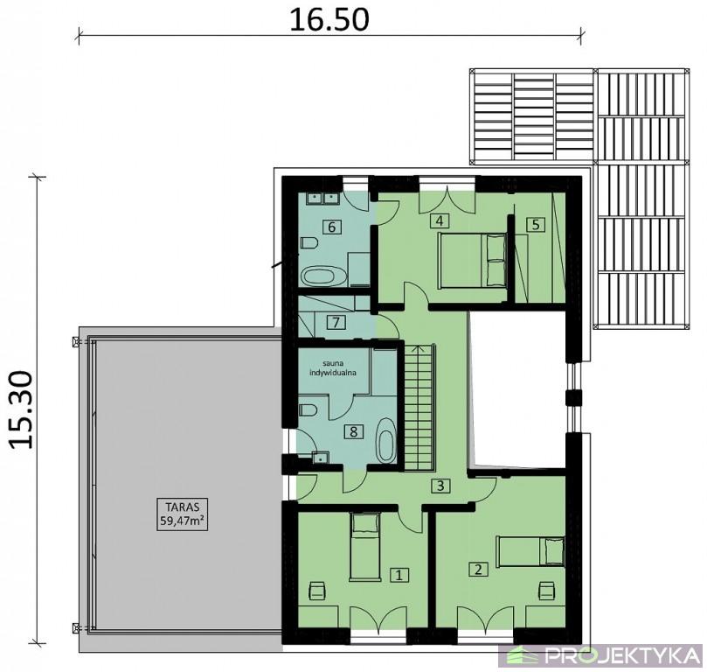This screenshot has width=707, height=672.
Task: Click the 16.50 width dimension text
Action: click(x=329, y=20)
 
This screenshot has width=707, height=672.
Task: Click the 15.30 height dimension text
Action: click(x=21, y=409)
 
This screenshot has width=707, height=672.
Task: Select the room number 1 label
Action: click(x=399, y=575)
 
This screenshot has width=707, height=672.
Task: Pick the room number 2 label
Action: click(x=478, y=569)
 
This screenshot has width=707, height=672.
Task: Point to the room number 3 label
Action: click(x=440, y=486)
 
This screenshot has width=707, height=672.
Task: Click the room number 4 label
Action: click(x=440, y=220)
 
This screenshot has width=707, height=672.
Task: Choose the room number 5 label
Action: click(x=536, y=224)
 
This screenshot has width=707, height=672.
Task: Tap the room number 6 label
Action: click(x=332, y=227)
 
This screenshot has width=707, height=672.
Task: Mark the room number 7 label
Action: click(x=336, y=323)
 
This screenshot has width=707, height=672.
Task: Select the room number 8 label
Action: click(x=353, y=432)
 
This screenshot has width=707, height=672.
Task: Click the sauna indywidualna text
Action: click(x=333, y=367)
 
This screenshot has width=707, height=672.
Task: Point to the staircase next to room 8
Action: click(x=419, y=407)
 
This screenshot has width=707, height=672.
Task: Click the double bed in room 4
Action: click(x=472, y=260)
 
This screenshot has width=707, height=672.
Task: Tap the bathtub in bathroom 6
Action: click(x=323, y=276)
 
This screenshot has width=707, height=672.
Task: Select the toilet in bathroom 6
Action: click(x=308, y=242)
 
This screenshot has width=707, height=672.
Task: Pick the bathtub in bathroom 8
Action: click(x=385, y=441)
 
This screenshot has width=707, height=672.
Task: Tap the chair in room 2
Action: click(x=546, y=591)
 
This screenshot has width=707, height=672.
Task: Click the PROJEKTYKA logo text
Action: click(x=621, y=655)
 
